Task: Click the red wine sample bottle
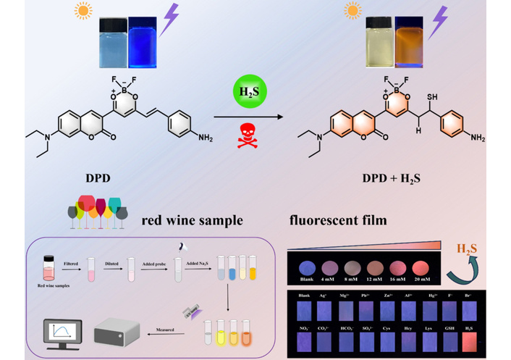pyautogui.click(x=48, y=267)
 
